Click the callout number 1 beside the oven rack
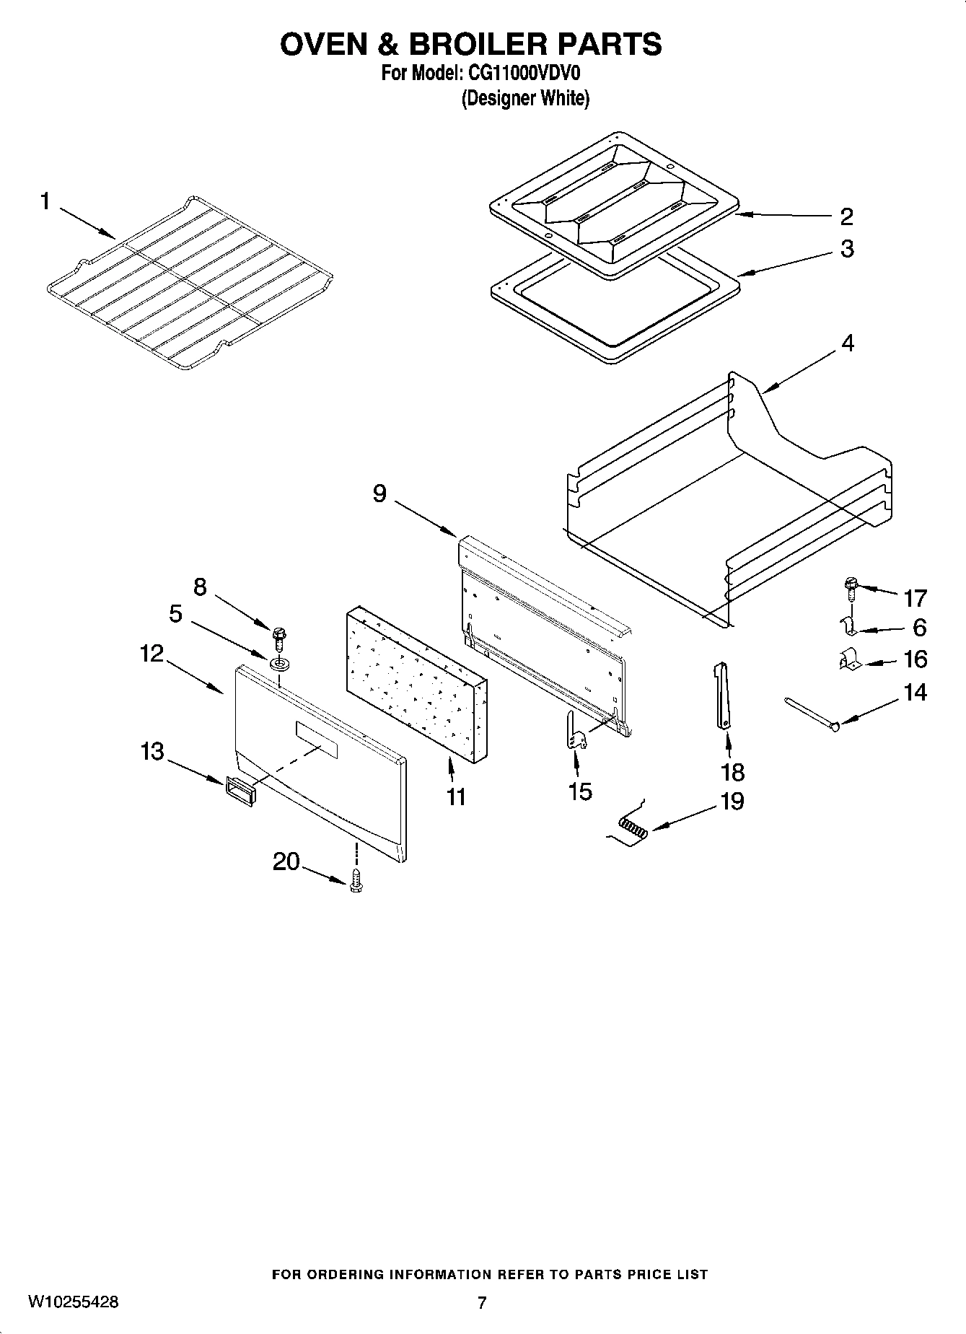[45, 202]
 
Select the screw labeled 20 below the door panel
[355, 882]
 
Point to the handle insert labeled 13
[240, 791]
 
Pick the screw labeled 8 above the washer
[278, 636]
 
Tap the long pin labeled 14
[812, 714]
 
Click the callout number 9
[379, 493]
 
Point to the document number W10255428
[74, 1302]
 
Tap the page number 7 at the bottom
[482, 1302]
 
